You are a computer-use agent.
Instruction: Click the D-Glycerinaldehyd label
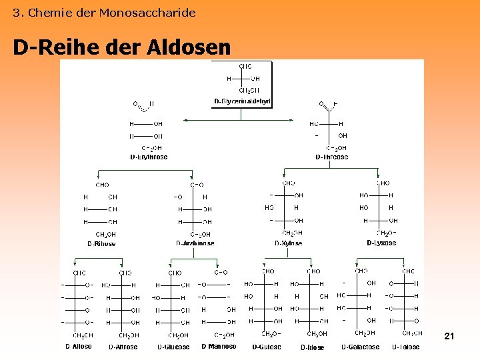242,101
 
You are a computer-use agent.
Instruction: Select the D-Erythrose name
149,157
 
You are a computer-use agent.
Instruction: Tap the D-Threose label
331,157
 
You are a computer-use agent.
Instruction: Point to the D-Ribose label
101,244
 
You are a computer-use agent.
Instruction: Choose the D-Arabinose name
195,244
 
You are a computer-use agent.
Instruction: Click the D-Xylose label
289,244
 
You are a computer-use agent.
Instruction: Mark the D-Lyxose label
381,243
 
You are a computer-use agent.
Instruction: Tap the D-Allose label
79,347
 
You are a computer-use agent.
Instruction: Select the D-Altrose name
123,347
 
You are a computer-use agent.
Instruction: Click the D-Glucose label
173,347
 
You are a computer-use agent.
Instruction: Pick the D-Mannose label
219,347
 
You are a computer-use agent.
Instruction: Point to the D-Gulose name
267,347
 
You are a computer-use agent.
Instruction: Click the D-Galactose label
361,347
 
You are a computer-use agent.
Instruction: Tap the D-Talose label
406,347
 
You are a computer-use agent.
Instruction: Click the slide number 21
449,337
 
